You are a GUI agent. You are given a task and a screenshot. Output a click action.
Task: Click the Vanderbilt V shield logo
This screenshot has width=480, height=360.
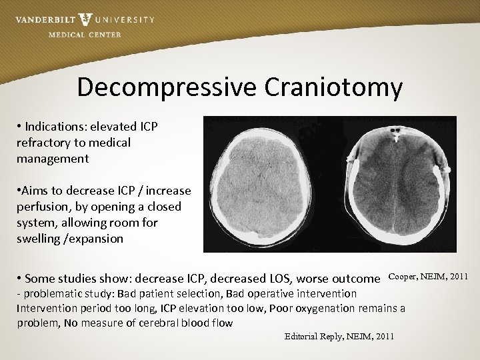(x=85, y=20)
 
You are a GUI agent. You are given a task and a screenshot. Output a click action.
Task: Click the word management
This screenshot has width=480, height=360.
(x=53, y=159)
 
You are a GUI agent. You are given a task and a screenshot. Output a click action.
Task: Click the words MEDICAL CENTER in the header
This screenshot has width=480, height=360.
(x=85, y=35)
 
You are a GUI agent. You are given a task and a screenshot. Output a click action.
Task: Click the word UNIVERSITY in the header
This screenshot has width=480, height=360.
(x=125, y=19)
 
